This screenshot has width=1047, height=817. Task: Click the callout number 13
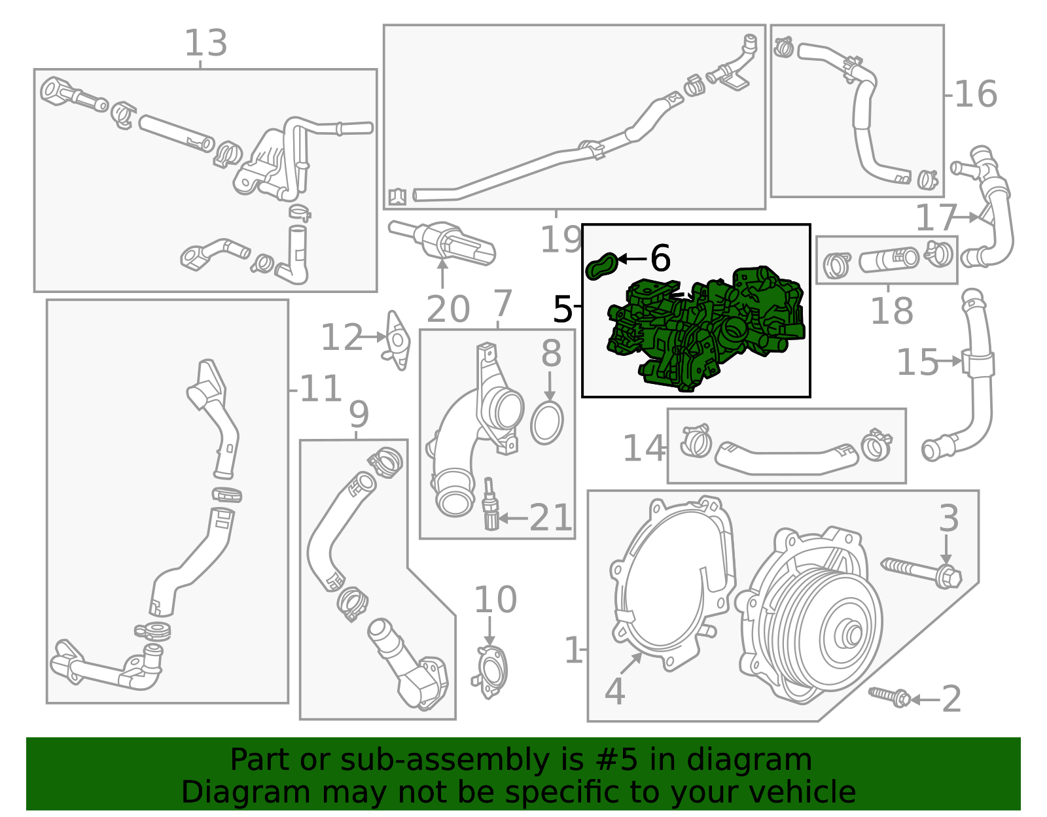tap(205, 44)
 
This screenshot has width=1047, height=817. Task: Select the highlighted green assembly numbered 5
tap(707, 327)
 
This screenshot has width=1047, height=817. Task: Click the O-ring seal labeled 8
tap(546, 424)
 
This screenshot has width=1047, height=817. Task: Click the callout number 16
tap(976, 94)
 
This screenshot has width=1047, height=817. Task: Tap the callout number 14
tap(643, 449)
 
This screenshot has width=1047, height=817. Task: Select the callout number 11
tap(321, 390)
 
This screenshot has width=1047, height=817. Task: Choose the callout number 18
tap(891, 311)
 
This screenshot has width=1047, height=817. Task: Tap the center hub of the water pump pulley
tap(853, 634)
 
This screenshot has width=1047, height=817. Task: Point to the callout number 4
tap(614, 691)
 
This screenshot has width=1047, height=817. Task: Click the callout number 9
tap(359, 414)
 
